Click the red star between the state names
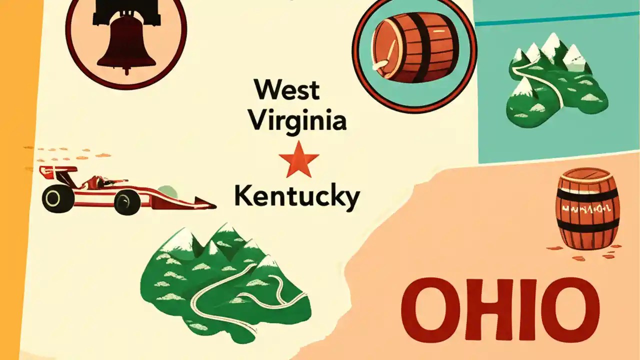pyautogui.click(x=298, y=159)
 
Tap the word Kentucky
pyautogui.click(x=296, y=196)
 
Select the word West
pyautogui.click(x=286, y=90)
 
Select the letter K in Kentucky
pyautogui.click(x=244, y=196)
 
